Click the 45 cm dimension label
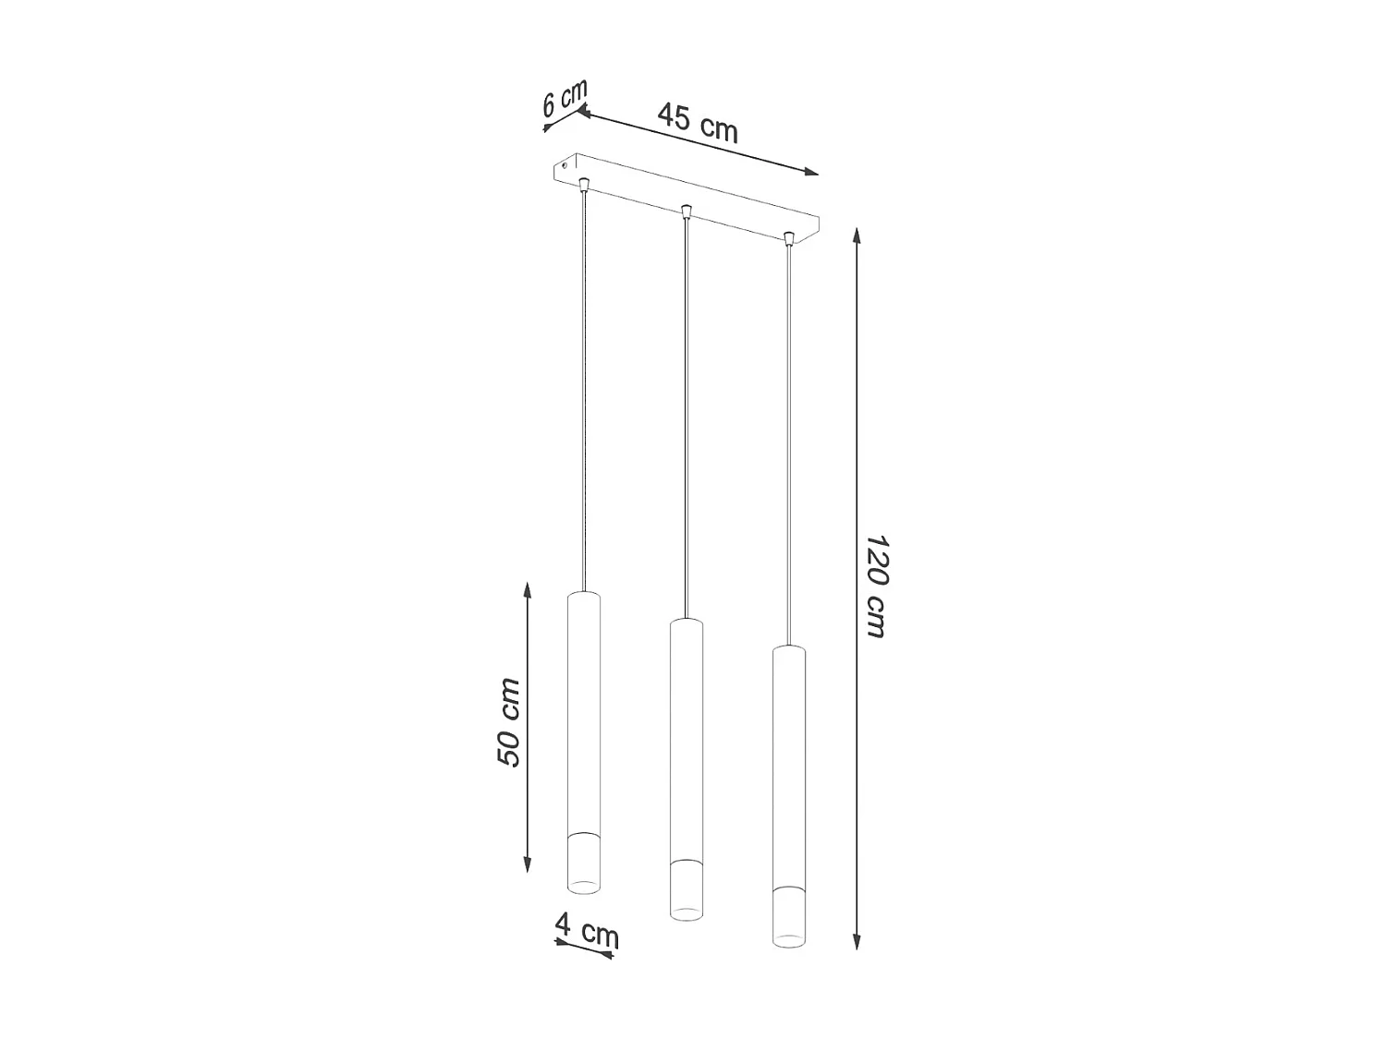698,122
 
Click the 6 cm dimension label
565,98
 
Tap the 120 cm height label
875,586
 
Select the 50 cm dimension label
509,722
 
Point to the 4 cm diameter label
587,930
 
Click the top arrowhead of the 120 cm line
857,235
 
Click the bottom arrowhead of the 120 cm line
857,941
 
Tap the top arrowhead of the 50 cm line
528,589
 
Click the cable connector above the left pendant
583,185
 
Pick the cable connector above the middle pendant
685,212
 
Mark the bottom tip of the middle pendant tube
686,914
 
